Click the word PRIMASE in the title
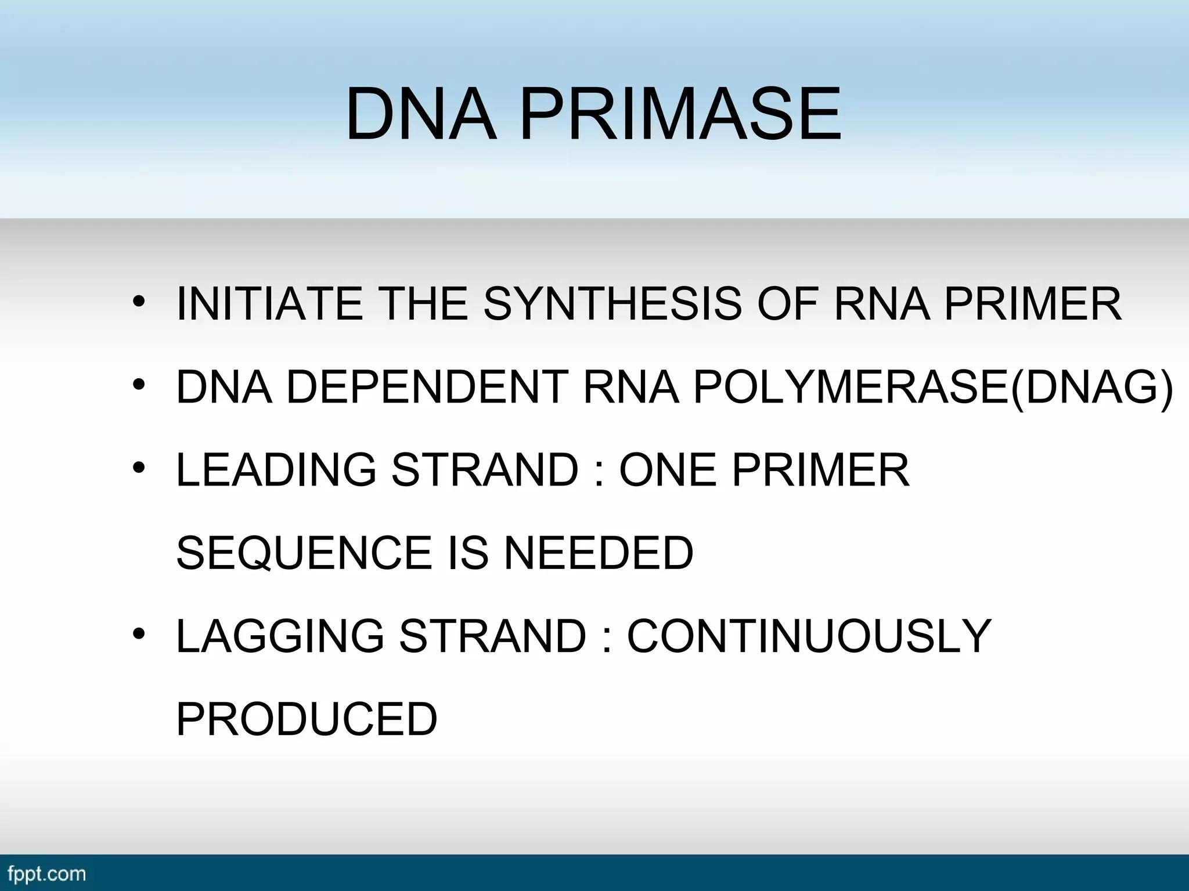680,114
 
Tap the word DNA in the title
422,114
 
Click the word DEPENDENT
427,387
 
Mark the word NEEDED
599,553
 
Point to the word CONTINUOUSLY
809,636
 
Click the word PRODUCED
307,719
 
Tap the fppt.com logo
46,874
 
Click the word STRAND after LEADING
485,470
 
